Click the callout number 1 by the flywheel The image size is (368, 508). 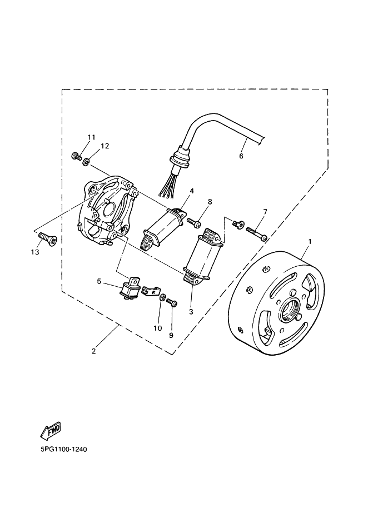point(310,242)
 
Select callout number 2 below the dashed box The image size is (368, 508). point(94,351)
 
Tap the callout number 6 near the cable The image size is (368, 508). point(241,156)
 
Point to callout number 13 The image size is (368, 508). point(35,252)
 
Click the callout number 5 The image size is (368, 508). point(99,282)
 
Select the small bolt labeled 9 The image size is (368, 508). point(172,303)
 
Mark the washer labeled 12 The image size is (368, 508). point(86,162)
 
